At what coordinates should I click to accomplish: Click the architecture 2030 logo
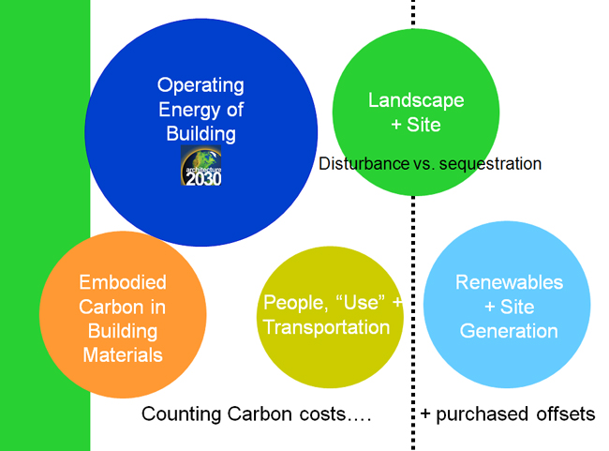pos(201,165)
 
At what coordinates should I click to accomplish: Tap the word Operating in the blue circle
pos(201,85)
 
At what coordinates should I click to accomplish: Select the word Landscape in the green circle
pos(416,100)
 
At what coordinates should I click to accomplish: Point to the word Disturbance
pos(364,164)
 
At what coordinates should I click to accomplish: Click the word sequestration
pos(490,164)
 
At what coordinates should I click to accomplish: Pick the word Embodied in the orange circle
pos(123,282)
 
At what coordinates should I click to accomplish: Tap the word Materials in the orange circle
pos(123,355)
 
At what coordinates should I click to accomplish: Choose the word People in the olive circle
pos(295,303)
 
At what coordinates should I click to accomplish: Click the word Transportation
pos(326,327)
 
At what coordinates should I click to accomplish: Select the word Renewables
pos(509,282)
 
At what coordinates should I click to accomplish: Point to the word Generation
pos(509,331)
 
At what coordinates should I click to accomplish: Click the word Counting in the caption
pos(182,414)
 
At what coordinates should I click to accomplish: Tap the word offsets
pos(566,414)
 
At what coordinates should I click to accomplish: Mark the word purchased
pos(482,415)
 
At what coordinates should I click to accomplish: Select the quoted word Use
pos(360,302)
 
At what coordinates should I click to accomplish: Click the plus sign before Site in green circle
pos(396,126)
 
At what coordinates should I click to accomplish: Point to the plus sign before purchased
pos(425,414)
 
